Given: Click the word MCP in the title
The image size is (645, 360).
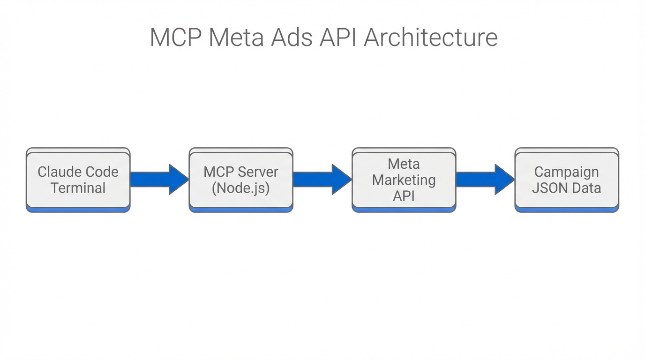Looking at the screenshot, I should [176, 37].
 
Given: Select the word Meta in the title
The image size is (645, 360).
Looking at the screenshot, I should [236, 37].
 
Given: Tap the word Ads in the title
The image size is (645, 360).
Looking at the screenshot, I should [292, 37].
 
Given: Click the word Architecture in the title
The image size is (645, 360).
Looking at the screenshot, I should [430, 37].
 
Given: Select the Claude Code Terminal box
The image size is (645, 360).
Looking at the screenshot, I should [78, 180].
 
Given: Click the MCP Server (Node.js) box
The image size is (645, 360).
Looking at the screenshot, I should [241, 180].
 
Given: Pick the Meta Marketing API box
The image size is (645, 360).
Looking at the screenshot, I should [404, 180].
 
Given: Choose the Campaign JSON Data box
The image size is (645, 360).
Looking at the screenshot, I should [566, 180].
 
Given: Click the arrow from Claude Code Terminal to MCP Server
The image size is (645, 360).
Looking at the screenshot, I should [159, 180].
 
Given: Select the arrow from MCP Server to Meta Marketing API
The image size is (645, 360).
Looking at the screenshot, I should [322, 180].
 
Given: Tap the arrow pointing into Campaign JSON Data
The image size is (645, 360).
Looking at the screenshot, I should [485, 180].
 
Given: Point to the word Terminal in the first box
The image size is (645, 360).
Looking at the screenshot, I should [78, 188].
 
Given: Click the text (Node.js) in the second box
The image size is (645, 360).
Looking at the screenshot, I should [241, 188].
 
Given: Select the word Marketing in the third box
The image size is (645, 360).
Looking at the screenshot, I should [404, 180].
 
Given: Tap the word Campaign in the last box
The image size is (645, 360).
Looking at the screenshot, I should [566, 172].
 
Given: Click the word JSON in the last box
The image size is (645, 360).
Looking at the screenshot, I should [548, 188].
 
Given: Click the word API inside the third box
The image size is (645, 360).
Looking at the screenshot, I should [404, 195].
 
